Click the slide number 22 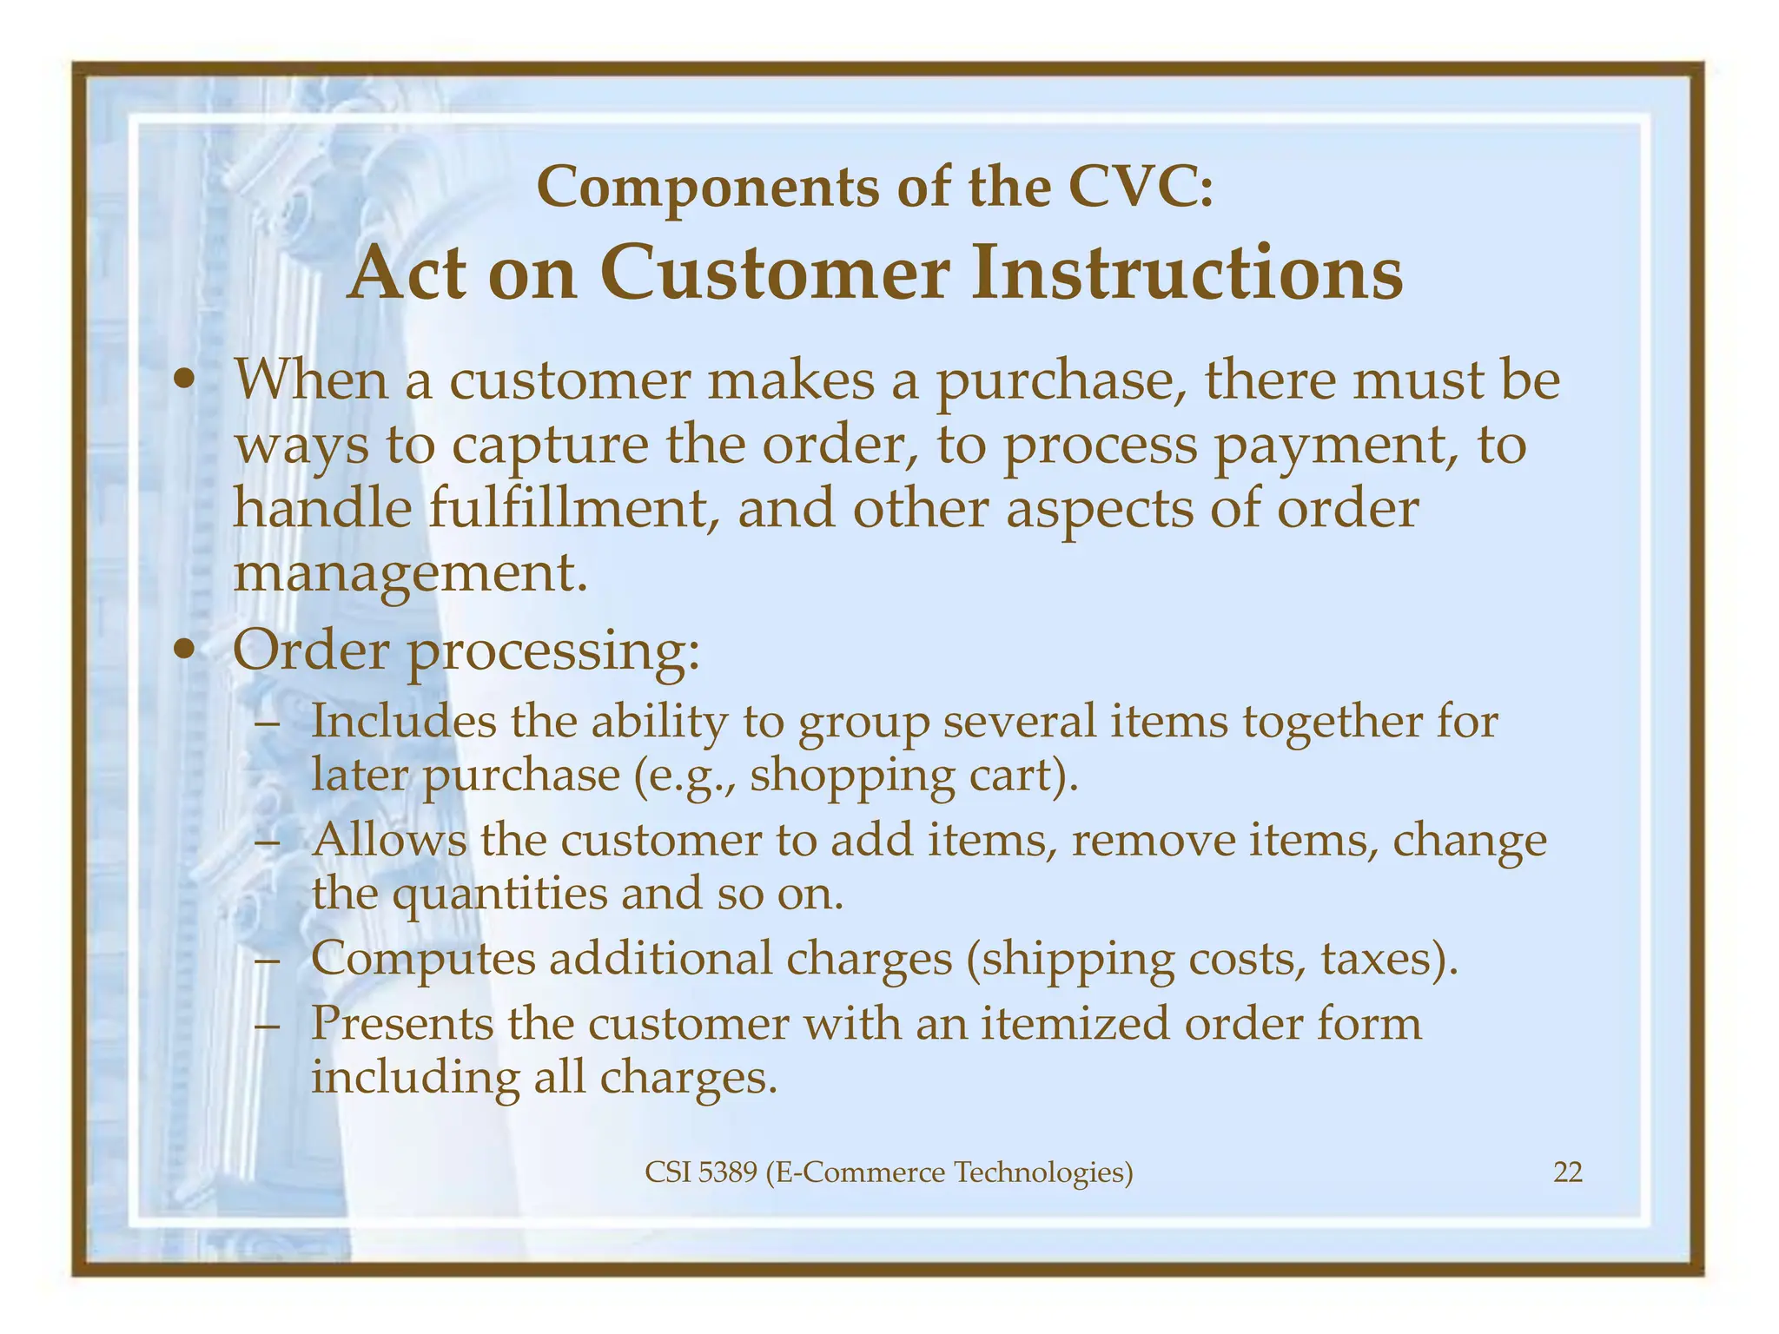1567,1172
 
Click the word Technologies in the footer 1043,1172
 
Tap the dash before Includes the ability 268,723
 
